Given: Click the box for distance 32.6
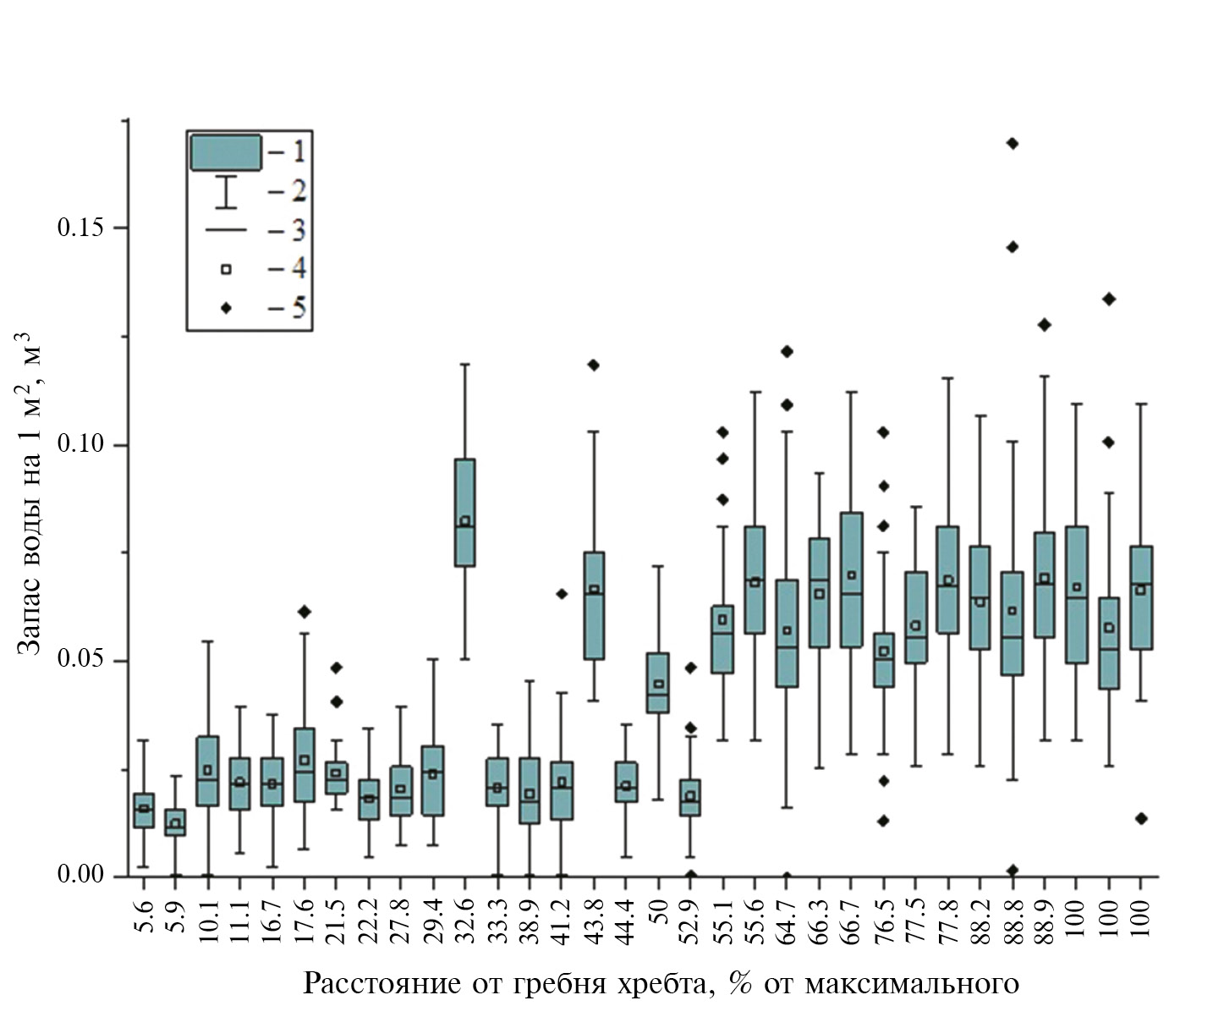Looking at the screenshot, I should pos(464,512).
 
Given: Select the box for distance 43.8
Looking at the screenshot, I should pos(594,605).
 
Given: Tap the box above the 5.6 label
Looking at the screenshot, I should pos(144,810).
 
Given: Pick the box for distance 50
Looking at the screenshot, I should pos(658,682).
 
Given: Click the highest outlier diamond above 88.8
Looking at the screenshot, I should pos(1012,143).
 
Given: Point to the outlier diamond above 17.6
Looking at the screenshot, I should pos(305,611).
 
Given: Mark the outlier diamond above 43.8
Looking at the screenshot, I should pos(594,365).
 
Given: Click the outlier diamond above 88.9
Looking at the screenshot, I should pos(1044,324).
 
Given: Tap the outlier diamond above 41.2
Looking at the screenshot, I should pos(562,593).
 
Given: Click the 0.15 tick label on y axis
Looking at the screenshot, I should pos(80,228).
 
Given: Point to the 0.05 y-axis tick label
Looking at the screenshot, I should pos(80,660).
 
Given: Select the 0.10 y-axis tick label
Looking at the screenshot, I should pos(80,444).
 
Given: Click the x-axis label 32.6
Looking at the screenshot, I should pos(464,917).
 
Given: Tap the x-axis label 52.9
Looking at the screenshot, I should pos(690,917).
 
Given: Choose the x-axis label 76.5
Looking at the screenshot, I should pos(883,917).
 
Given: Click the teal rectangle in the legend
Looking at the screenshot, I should pos(225,152).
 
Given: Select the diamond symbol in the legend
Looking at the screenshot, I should pos(226,307).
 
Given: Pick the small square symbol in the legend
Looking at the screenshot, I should pos(226,269).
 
